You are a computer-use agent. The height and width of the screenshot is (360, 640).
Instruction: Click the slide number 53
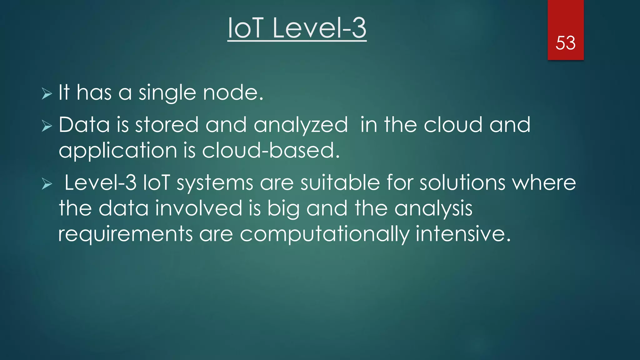coord(565,43)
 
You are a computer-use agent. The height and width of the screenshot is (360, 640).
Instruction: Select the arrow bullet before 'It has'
coord(47,93)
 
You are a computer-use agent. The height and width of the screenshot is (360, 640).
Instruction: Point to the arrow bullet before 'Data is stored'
coord(47,126)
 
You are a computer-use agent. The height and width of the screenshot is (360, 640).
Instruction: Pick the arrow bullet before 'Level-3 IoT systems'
coord(47,184)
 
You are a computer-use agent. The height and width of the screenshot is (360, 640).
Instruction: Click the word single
coord(167,93)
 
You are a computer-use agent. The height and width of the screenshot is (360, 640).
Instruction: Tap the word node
coord(233,93)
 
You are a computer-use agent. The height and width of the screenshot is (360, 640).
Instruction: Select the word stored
coord(167,125)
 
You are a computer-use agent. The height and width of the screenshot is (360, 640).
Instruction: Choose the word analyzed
coord(300,125)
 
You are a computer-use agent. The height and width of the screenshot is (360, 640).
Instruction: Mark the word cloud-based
coord(271,150)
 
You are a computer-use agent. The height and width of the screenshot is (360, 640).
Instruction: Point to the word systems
coord(215,183)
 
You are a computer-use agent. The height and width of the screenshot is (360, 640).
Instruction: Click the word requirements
coord(125,234)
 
